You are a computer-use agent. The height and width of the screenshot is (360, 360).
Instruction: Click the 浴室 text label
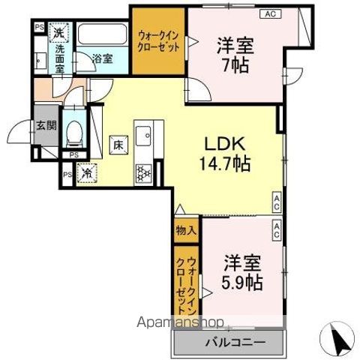tap(103, 58)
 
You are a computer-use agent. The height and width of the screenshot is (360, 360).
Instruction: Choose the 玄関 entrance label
tap(46, 125)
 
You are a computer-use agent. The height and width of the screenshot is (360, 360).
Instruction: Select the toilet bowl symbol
tap(73, 133)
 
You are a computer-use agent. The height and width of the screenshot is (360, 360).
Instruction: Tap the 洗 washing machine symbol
tap(58, 32)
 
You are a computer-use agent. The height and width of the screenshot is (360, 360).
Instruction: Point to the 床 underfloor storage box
tap(118, 143)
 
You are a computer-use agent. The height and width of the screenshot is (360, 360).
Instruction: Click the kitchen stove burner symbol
tap(143, 173)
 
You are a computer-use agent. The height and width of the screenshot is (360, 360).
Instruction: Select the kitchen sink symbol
tap(142, 138)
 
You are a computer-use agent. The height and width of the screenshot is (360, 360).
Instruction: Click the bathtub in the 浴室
tap(102, 37)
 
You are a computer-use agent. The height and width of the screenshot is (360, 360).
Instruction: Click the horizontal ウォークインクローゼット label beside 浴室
tap(158, 40)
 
